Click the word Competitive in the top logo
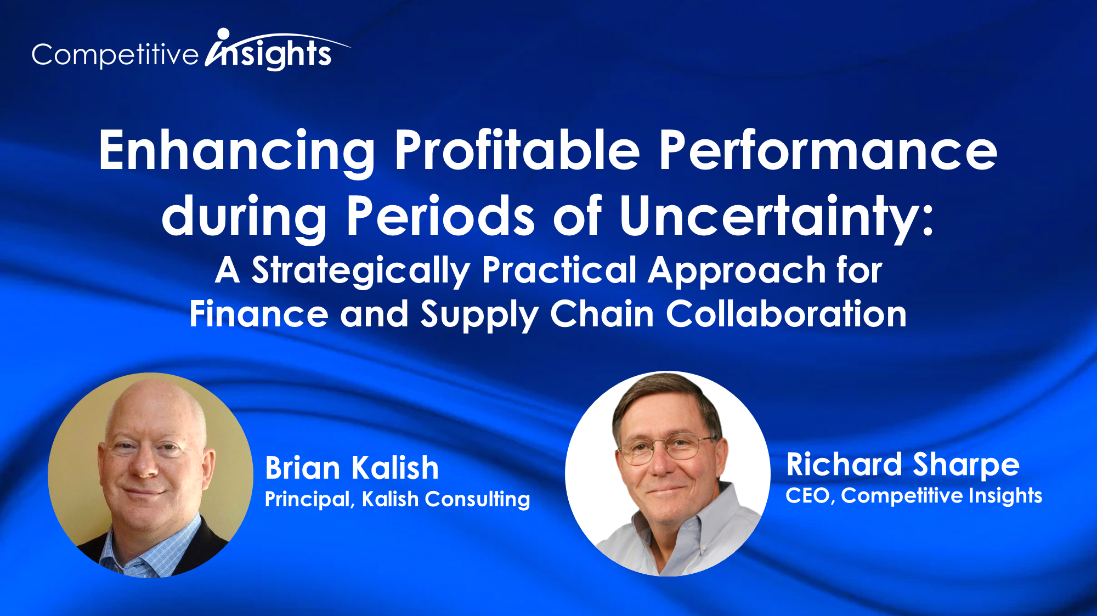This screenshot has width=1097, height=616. tap(115, 55)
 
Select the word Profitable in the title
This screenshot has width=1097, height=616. tap(517, 150)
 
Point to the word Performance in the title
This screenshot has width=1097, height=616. tap(828, 150)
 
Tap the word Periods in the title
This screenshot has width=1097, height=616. tap(440, 216)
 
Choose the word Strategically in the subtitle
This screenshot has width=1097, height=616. tap(360, 271)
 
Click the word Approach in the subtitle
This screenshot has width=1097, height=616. tap(737, 271)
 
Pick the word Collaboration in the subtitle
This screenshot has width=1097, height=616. tap(786, 314)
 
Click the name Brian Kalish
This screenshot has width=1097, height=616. tap(352, 468)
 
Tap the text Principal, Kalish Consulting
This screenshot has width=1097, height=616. tap(397, 499)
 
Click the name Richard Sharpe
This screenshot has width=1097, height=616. tap(903, 465)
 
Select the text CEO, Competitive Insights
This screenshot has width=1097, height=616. tap(914, 495)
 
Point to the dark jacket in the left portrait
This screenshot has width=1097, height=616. tap(211, 540)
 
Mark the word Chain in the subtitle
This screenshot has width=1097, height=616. tap(602, 314)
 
